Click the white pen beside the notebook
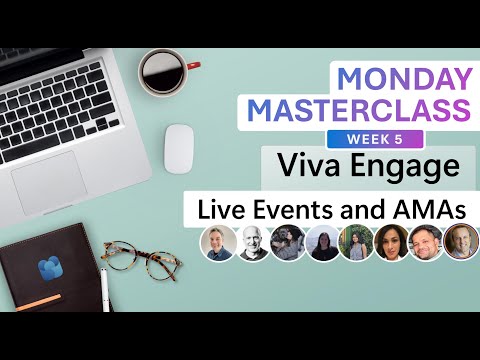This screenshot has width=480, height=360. (103, 291)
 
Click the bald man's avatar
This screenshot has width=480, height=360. (253, 243)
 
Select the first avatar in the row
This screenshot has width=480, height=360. (218, 243)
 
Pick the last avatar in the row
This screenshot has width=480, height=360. (461, 243)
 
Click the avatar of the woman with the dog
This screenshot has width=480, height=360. (288, 243)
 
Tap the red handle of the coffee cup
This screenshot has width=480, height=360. (192, 67)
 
